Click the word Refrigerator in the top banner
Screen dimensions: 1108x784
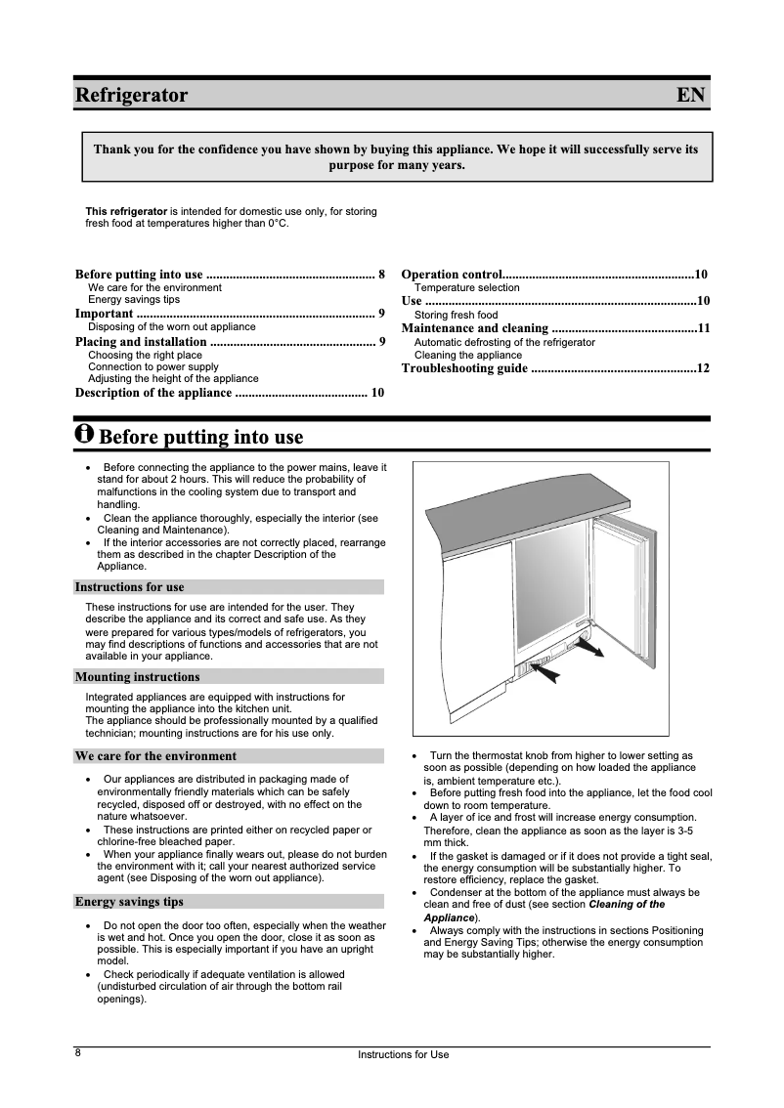(132, 96)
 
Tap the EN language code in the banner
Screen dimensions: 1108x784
(690, 96)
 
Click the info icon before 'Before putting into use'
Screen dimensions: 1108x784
(85, 434)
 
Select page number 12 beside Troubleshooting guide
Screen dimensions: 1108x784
(702, 368)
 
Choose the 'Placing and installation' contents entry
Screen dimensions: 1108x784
(141, 342)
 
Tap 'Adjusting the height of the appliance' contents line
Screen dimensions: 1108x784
(173, 378)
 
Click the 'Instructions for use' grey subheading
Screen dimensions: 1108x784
(129, 587)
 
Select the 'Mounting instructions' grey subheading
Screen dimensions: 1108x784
(137, 677)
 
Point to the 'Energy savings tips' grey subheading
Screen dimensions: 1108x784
(129, 902)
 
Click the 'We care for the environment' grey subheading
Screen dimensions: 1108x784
(155, 756)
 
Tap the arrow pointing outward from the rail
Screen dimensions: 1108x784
(592, 646)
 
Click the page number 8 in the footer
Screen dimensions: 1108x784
(78, 1053)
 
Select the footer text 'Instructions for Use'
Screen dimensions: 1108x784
(403, 1055)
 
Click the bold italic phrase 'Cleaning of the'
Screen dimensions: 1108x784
(627, 905)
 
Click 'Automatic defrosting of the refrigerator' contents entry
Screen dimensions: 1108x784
(504, 343)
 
